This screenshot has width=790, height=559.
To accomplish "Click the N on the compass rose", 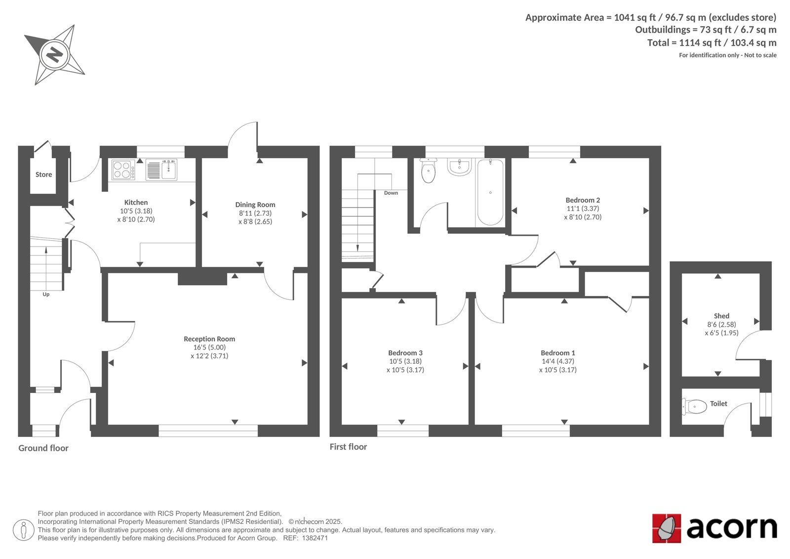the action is coord(55,55).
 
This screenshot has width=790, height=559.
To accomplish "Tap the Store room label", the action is coord(44,174).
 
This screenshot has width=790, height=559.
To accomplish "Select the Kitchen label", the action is coord(136,202).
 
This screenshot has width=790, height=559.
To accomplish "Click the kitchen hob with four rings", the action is coord(123,170).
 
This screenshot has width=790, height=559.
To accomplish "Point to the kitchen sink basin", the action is coord(169,170).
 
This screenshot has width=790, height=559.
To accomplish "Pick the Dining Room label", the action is coord(255,205).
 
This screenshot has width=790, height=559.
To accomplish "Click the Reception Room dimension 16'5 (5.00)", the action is coord(209,347).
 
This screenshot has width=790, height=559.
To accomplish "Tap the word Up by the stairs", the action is coord(46,294).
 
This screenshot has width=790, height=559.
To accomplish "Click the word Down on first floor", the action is coord(391,193).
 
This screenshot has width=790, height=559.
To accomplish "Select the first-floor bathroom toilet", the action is coord(429,171).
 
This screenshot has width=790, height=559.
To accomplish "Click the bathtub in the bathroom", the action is coord(490,192).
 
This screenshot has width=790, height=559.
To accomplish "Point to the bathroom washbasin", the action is coord(460,167).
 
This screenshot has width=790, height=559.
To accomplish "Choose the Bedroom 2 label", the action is coord(583,200).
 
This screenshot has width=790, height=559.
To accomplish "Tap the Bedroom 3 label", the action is coord(405,353).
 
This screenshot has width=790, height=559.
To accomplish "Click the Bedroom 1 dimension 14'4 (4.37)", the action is coord(558,361).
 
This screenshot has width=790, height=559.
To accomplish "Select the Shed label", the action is coord(721,316).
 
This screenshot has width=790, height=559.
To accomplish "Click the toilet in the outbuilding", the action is coord(694,406).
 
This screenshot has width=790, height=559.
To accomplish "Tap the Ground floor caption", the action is coord(43,448).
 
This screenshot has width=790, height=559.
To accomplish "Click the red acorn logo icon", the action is coord(667,528).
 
